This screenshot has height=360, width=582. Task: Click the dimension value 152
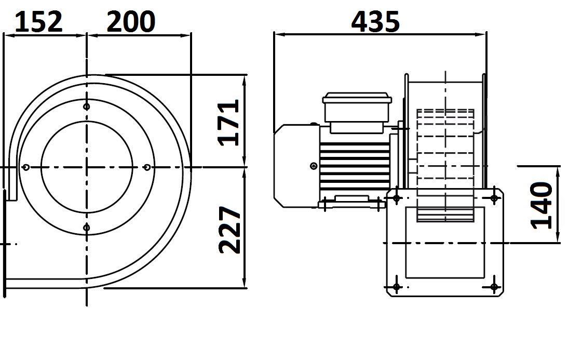[x=38, y=22]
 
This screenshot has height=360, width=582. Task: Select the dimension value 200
[x=131, y=22]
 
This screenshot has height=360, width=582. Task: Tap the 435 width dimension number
[x=375, y=21]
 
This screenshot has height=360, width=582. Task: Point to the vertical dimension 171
[x=228, y=123]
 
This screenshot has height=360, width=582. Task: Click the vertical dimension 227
[x=229, y=230]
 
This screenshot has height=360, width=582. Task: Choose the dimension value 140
[x=541, y=205]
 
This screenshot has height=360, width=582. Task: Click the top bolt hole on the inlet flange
[x=87, y=107]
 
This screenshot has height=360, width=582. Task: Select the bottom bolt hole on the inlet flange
[x=87, y=228]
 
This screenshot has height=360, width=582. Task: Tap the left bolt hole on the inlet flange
[x=25, y=167]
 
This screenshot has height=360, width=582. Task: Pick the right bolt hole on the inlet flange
[x=147, y=167]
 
